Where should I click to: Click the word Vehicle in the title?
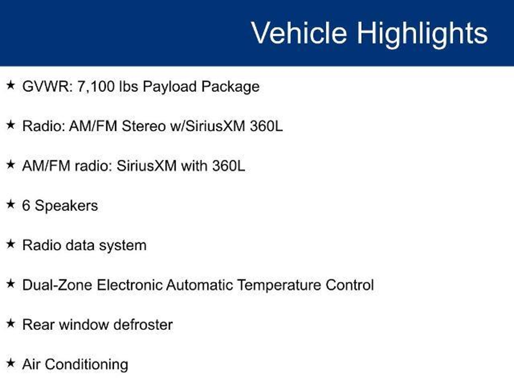coord(299,33)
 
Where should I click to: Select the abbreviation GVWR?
coord(47,86)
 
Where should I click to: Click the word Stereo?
coord(144,126)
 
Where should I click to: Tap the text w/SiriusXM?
coord(208,126)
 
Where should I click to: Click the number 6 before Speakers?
coord(26,206)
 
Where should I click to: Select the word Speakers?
coord(66,206)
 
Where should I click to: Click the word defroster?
coord(143,324)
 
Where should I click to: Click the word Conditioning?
coord(87,365)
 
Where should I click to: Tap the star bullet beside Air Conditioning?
coord(11,363)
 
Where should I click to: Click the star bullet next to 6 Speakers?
coord(11,204)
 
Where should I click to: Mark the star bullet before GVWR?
coord(11,85)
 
